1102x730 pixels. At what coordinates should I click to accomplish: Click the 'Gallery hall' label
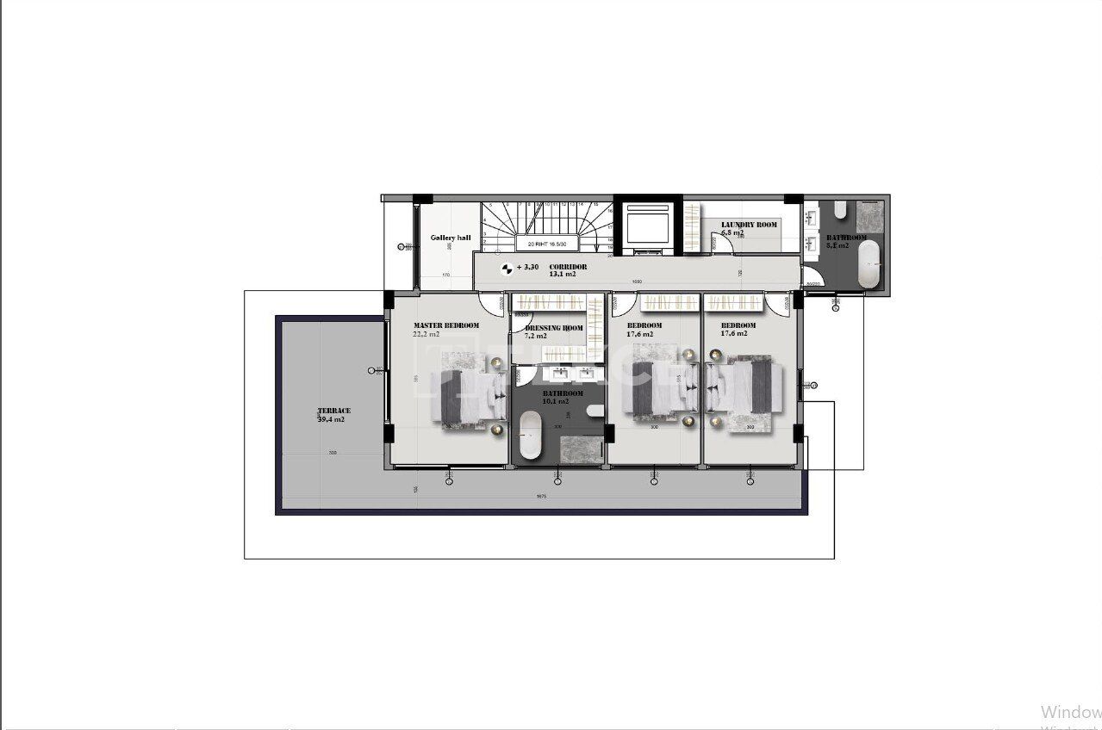[451, 238]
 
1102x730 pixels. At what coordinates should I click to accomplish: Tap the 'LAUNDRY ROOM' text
[749, 225]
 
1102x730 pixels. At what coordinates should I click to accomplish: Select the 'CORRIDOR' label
[568, 267]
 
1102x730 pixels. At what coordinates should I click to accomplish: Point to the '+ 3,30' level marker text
[527, 267]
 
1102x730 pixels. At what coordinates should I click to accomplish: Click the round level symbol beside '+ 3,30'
[507, 268]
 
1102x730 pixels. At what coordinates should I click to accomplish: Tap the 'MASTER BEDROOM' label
[446, 325]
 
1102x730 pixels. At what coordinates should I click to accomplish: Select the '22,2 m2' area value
[426, 334]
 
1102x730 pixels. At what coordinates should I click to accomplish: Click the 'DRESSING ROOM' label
[554, 328]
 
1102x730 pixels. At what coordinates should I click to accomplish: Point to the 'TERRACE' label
[333, 411]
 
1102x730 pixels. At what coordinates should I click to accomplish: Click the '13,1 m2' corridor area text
[563, 275]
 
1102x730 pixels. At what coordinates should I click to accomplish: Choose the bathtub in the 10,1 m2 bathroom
[529, 436]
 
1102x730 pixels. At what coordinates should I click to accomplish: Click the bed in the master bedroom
[470, 399]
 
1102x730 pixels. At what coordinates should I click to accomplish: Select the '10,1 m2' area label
[556, 401]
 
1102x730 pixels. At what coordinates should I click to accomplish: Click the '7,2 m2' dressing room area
[538, 336]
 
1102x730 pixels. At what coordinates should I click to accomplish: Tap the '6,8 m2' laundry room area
[732, 232]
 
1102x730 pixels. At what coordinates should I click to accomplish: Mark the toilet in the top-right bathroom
[840, 210]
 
